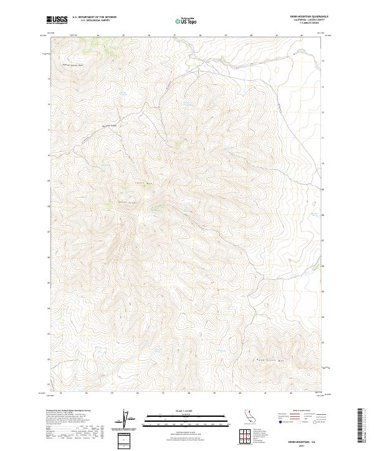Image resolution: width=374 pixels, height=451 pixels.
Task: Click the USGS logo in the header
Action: tap(57, 21)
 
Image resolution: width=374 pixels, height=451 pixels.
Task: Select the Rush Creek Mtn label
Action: tap(271, 360)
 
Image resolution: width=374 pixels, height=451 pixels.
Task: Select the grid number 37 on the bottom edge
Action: tap(163, 393)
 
